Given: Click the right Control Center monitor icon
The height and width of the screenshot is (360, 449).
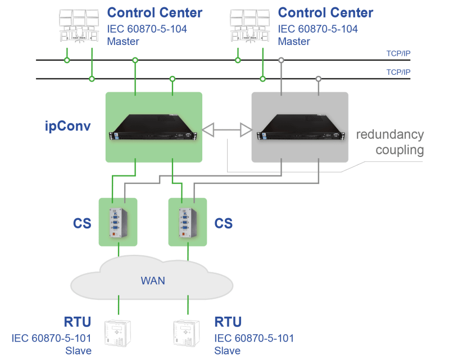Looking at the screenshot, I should [251, 26].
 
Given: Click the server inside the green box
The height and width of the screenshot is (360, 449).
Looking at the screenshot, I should [153, 127].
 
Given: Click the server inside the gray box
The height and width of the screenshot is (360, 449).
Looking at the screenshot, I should [300, 127].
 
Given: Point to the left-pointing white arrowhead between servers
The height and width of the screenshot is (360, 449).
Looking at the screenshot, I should [208, 130].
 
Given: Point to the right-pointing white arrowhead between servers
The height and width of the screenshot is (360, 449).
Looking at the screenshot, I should [245, 130].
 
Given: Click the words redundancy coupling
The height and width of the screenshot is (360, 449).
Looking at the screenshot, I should [391, 142].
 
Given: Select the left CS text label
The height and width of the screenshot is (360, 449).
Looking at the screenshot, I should [82, 223].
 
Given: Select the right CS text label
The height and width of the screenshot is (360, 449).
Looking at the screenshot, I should [224, 223].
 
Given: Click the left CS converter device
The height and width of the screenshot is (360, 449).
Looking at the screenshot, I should [119, 221].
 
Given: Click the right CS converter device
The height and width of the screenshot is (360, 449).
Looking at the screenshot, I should [188, 221].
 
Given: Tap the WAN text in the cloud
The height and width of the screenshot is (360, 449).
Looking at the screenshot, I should [153, 280].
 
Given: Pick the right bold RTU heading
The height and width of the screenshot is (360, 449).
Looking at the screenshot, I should [228, 322].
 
